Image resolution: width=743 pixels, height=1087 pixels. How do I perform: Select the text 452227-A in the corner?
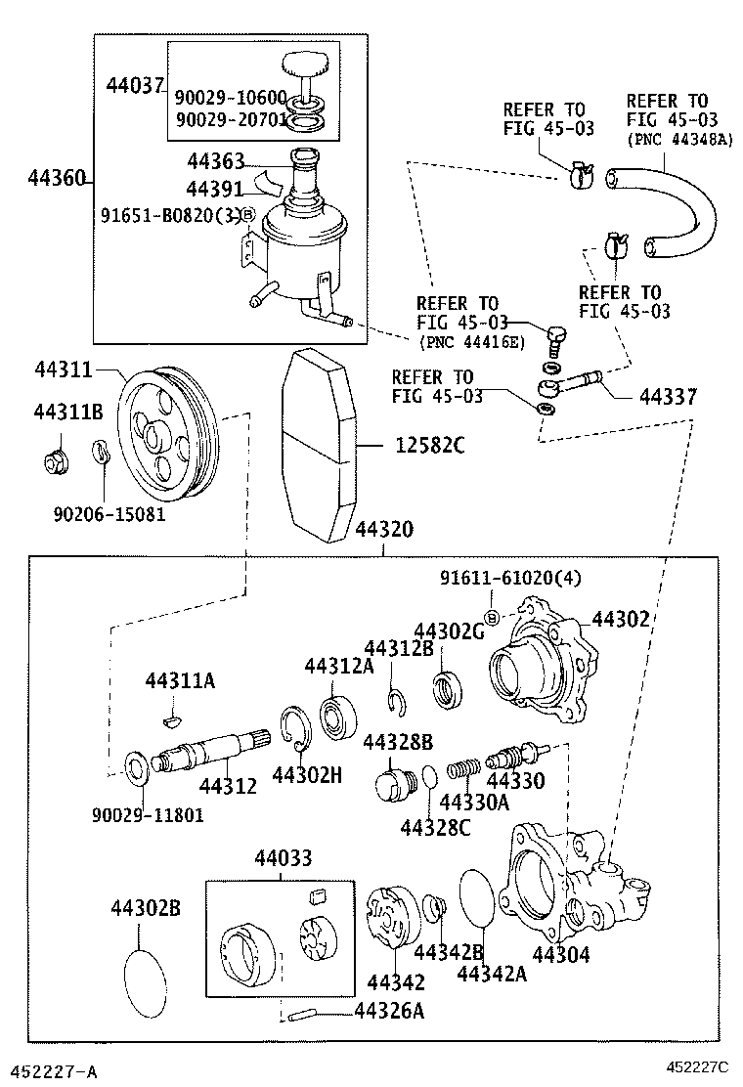click(53, 1069)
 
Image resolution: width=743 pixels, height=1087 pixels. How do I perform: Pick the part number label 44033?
click(284, 858)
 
